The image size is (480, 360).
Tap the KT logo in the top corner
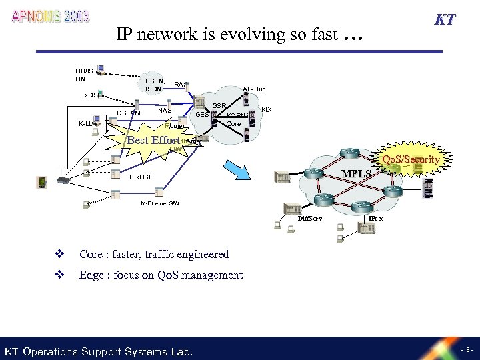[x=445, y=19]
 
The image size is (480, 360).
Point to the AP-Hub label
[x=254, y=89]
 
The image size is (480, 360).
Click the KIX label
[x=267, y=109]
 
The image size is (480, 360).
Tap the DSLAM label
[x=129, y=113]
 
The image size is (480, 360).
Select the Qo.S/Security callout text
[x=411, y=159]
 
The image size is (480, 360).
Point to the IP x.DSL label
[x=140, y=177]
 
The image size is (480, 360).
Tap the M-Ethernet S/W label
[x=159, y=203]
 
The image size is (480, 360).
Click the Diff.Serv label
[x=310, y=218]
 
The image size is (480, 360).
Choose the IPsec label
[x=375, y=218]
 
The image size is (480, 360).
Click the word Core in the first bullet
[x=91, y=254]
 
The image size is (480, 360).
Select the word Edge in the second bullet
[x=91, y=275]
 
